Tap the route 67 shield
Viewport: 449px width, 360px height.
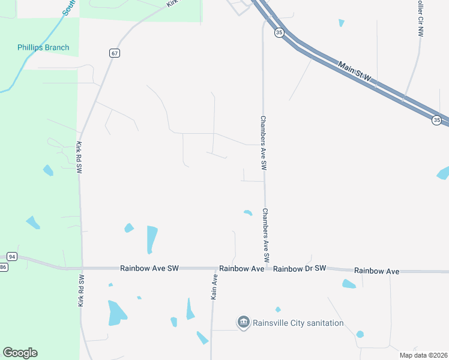point(115,53)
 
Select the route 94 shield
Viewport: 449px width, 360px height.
point(13,256)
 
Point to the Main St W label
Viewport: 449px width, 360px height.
point(355,71)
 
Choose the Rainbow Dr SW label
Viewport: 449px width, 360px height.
point(299,268)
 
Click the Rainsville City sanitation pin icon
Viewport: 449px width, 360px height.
point(243,323)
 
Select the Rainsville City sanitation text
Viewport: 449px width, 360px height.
point(298,323)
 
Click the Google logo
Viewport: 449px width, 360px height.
point(20,353)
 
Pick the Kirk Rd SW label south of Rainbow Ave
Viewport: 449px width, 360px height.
point(81,291)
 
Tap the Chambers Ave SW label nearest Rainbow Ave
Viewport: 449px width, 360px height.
point(265,235)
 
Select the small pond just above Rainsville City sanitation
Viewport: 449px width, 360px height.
point(278,310)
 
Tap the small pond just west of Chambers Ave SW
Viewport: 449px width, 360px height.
point(247,212)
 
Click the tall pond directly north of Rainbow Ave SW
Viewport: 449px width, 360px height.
point(152,239)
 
